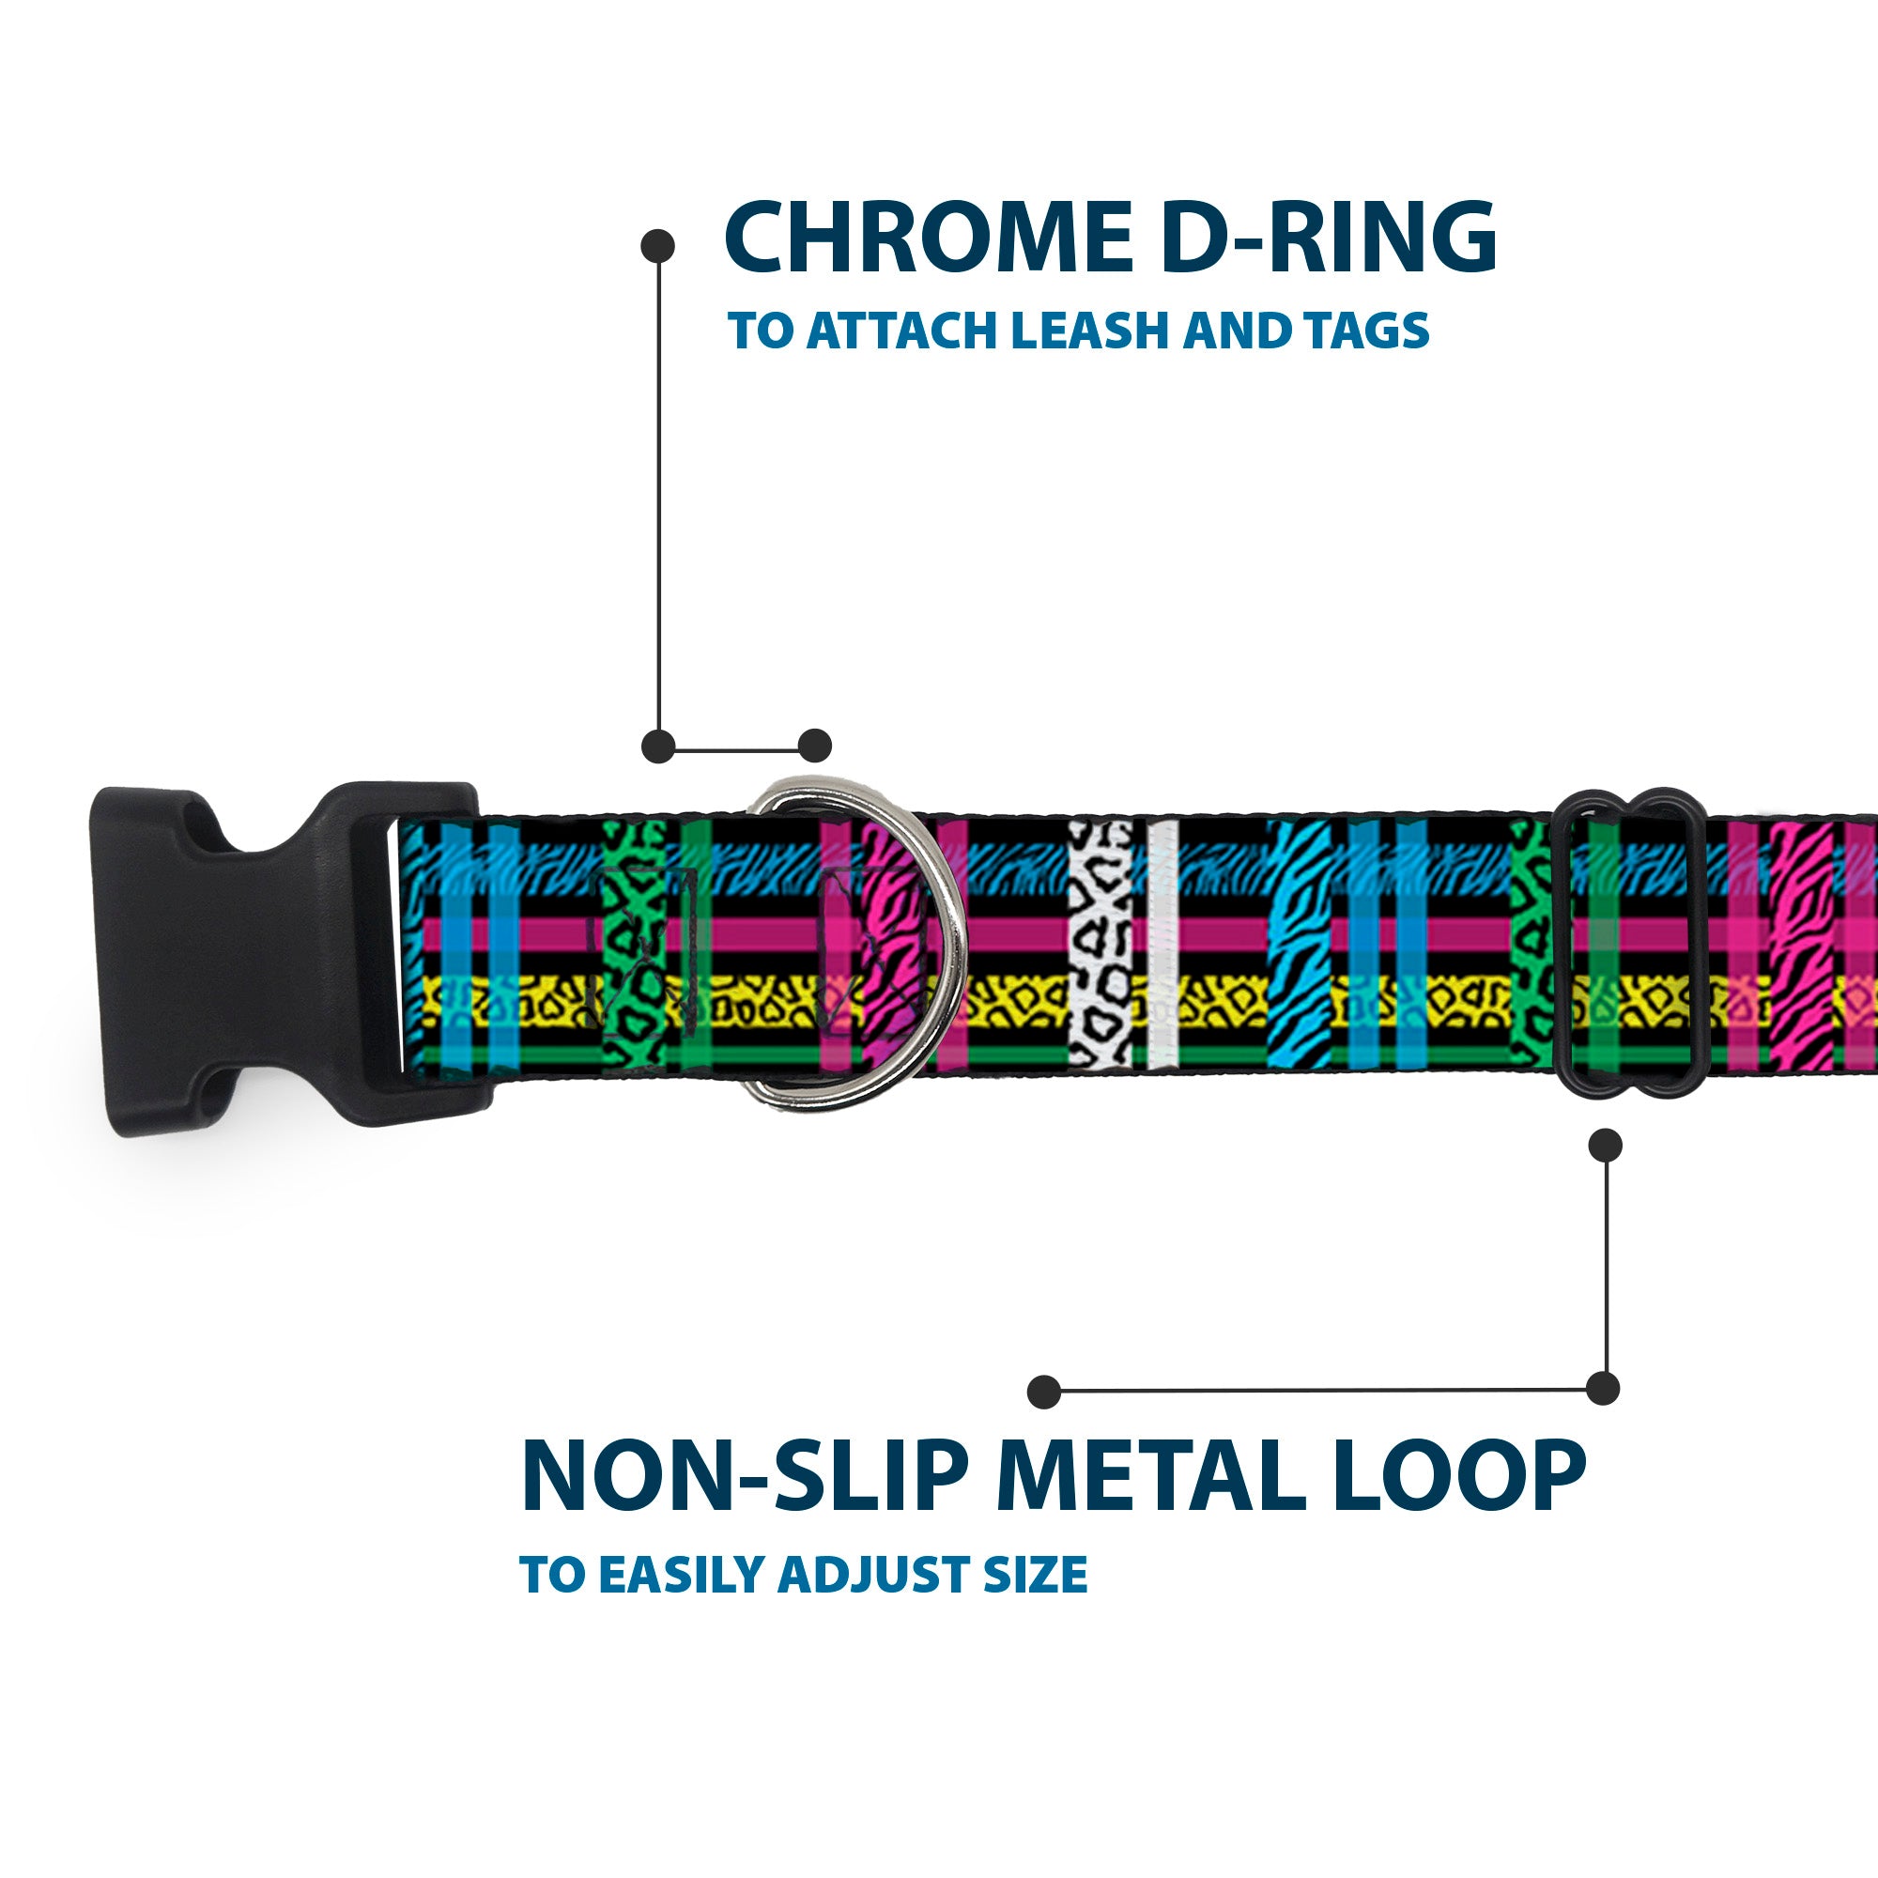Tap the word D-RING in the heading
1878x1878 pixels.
[1328, 239]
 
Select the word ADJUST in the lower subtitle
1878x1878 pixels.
[874, 1601]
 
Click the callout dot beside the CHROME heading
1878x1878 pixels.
[658, 246]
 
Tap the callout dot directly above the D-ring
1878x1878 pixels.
[814, 747]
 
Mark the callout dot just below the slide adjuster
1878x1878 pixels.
[1605, 1145]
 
